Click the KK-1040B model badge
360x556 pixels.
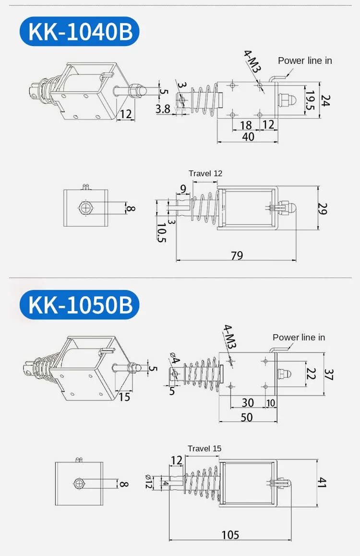(79, 31)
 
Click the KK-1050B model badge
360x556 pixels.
(79, 304)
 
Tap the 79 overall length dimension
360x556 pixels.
(237, 255)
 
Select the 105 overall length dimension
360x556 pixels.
(230, 535)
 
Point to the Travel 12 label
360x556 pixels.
(205, 173)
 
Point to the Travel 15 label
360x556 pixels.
(204, 448)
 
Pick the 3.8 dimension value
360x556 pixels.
(163, 109)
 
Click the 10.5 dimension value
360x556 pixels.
(162, 232)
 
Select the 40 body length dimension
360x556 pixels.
(248, 136)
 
